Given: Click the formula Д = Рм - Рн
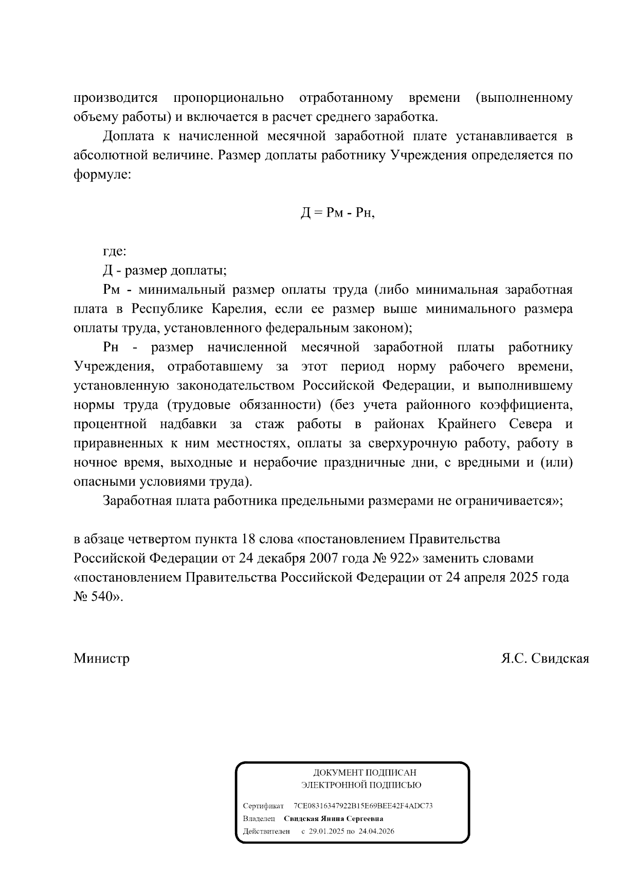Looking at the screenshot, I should click(x=338, y=213).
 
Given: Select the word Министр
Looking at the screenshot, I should click(x=101, y=658).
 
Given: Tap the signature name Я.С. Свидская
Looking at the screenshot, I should click(x=545, y=658).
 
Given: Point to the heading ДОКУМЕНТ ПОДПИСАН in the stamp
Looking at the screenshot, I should click(x=365, y=773).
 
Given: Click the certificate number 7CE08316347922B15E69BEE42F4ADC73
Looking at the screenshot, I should click(x=363, y=806).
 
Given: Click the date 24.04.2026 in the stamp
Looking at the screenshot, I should click(x=377, y=831).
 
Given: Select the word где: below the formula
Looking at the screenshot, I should click(x=115, y=252).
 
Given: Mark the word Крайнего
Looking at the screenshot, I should click(x=467, y=424).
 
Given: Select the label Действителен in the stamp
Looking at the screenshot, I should click(x=266, y=831).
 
